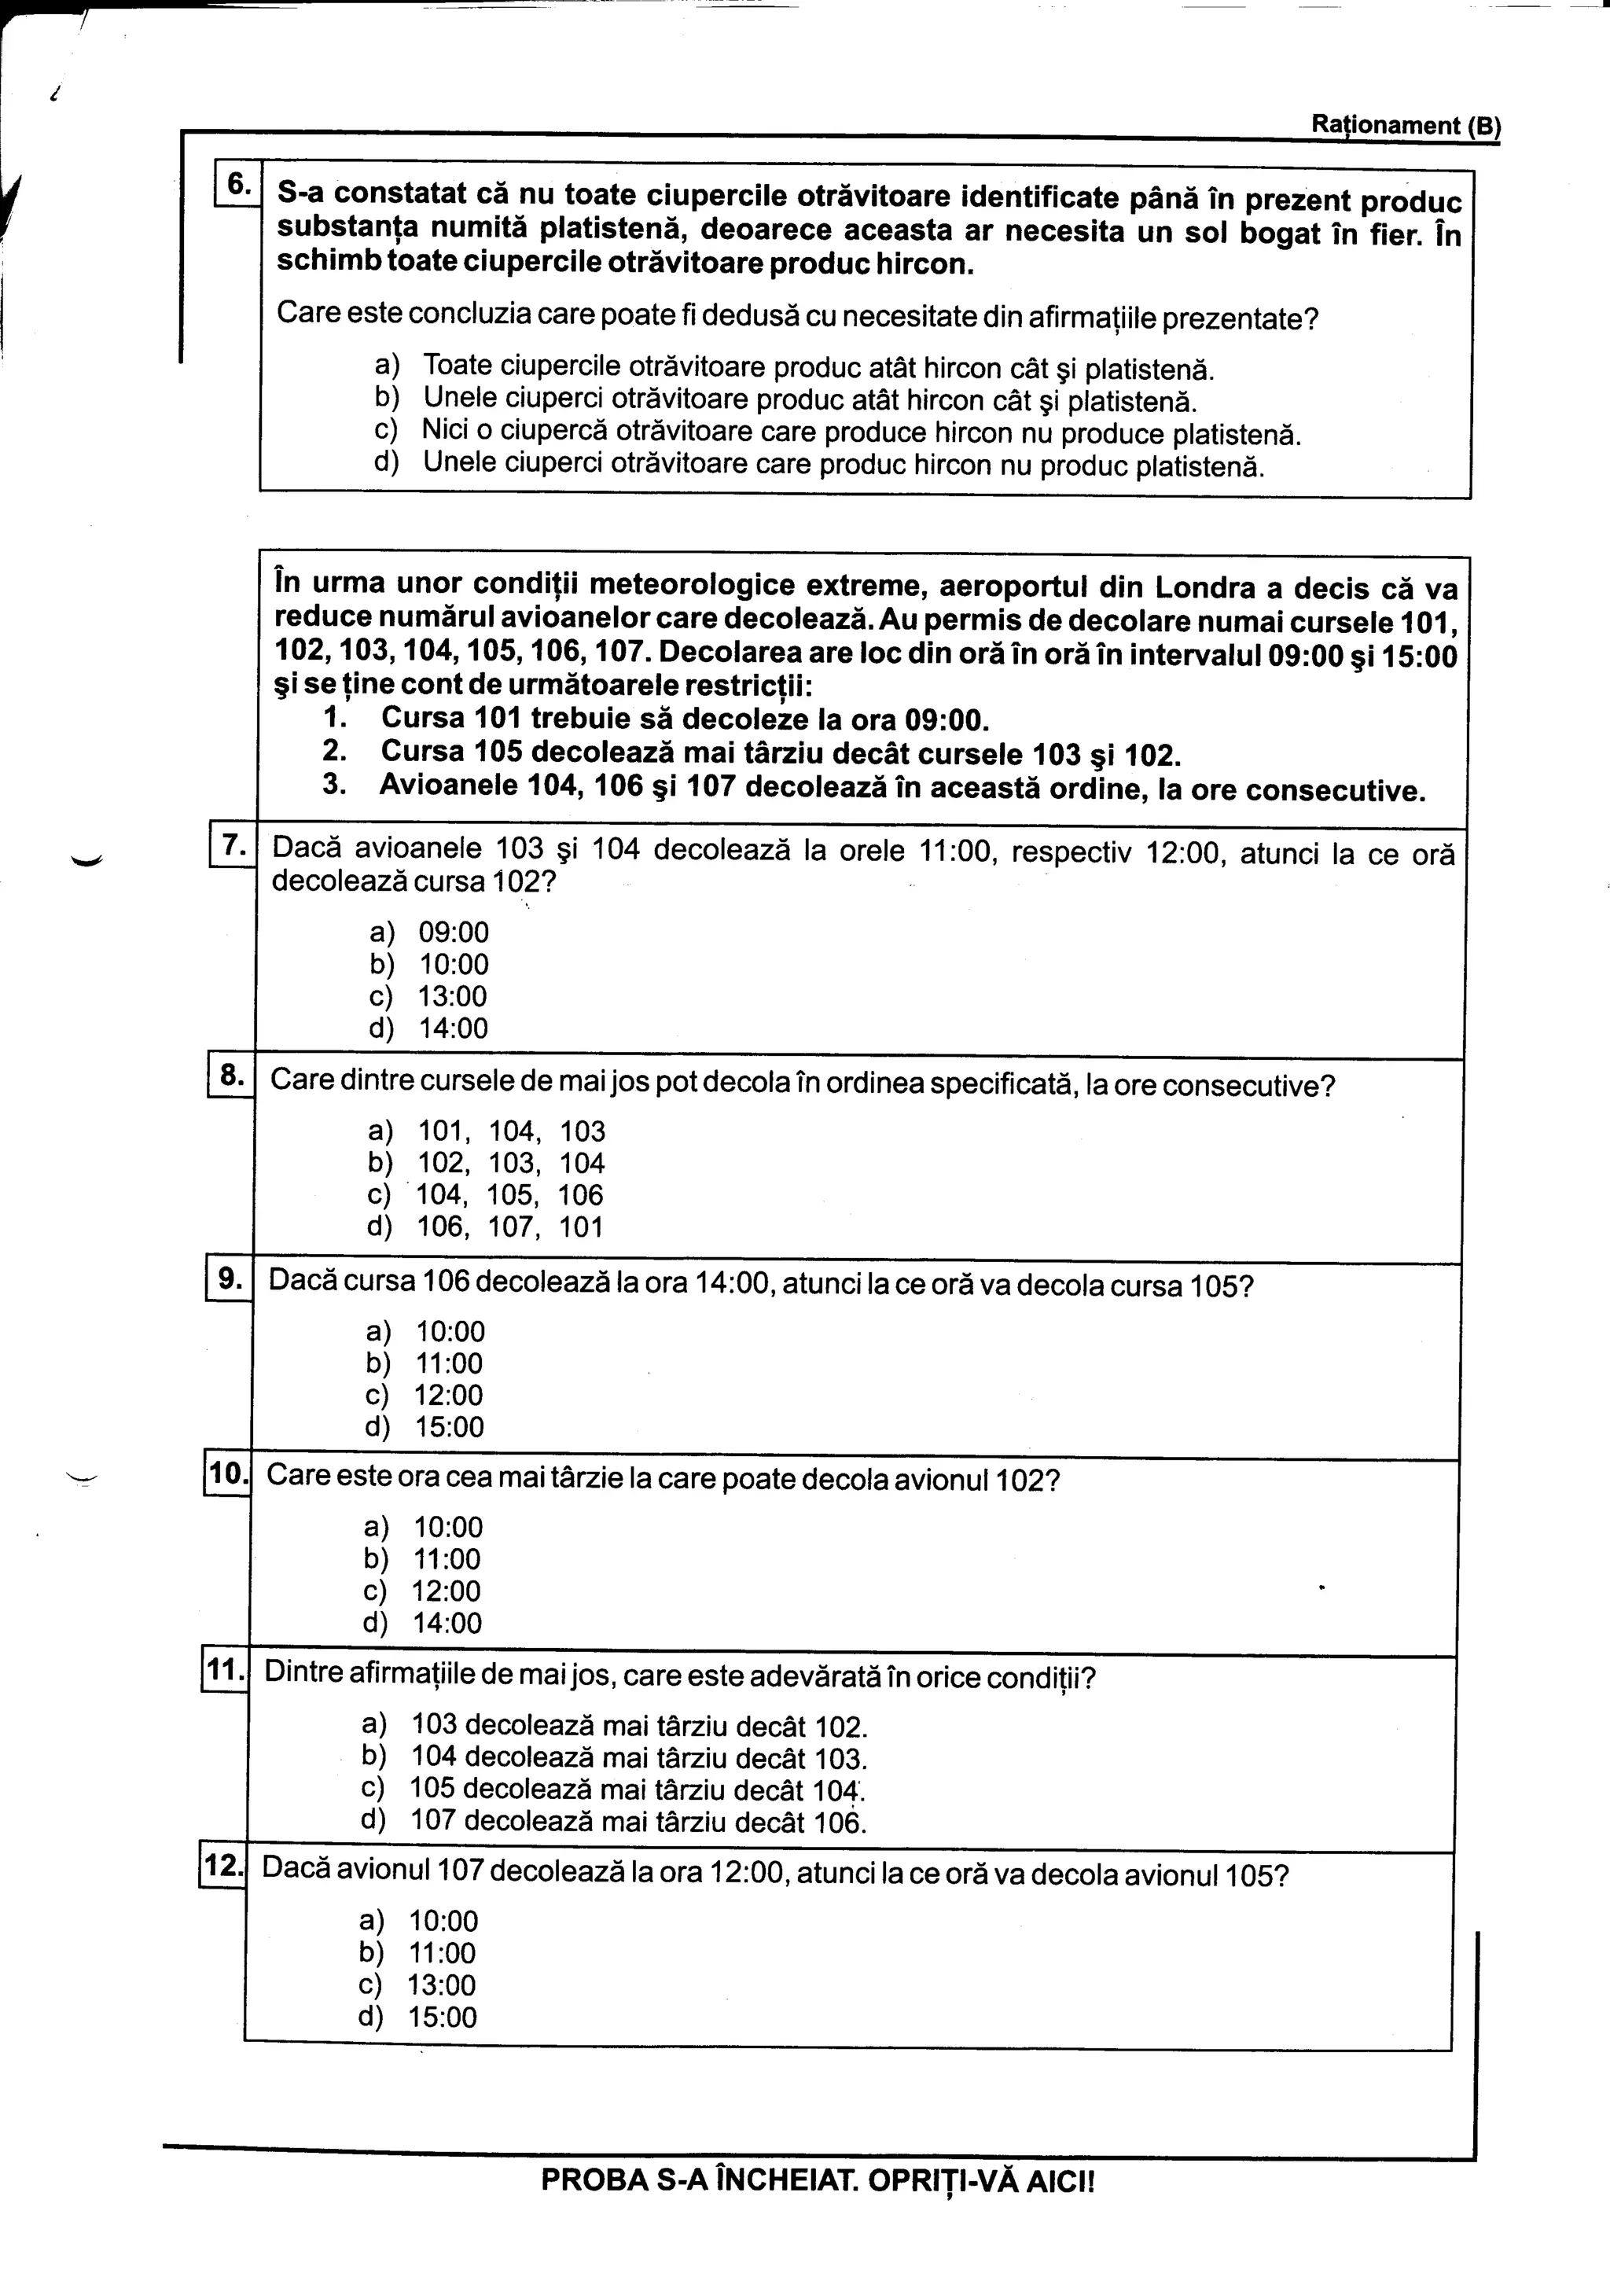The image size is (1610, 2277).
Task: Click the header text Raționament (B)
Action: click(x=1405, y=125)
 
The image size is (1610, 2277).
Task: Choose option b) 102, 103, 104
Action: click(x=486, y=1164)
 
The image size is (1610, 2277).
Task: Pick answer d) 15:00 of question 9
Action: click(x=425, y=1427)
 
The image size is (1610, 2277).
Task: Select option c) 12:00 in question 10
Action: click(x=423, y=1591)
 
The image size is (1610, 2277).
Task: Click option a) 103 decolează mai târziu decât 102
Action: click(x=615, y=1726)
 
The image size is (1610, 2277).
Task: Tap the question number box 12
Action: click(x=223, y=1867)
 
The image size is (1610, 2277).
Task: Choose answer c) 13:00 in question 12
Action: click(x=418, y=1985)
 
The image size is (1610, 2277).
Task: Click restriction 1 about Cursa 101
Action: click(x=656, y=718)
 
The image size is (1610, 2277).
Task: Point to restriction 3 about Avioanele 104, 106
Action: click(x=873, y=790)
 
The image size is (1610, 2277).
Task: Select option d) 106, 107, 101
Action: click(x=486, y=1228)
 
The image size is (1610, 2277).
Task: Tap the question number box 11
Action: click(x=225, y=1671)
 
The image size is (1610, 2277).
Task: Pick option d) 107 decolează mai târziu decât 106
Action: click(x=615, y=1822)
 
